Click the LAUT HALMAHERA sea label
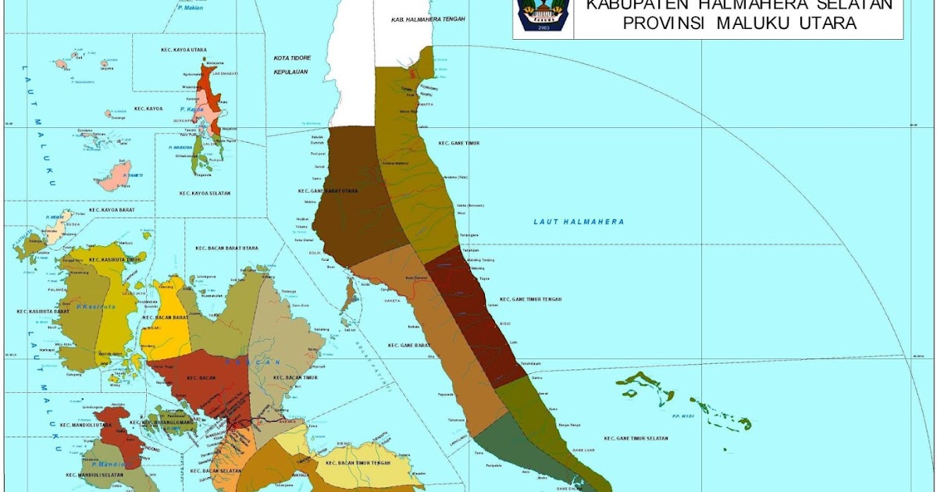coord(579,222)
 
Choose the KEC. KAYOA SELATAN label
coord(205,193)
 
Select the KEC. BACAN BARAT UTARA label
coord(227,248)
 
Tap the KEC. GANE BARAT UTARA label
coord(328,191)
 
